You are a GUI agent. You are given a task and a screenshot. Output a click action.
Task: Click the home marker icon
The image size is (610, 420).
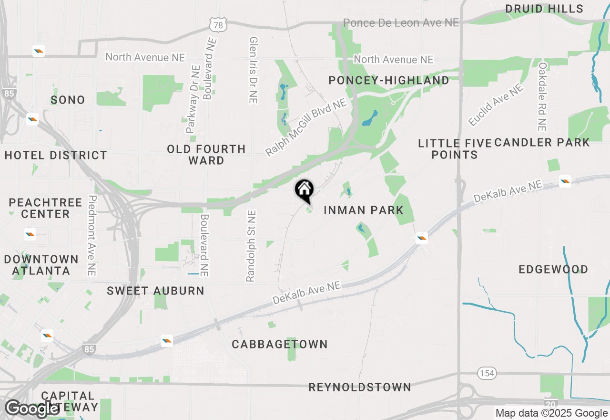click(x=304, y=190)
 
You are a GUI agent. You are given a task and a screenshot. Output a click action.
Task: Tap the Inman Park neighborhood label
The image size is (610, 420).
click(x=364, y=210)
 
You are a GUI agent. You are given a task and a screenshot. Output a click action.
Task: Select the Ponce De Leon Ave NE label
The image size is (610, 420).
click(x=401, y=23)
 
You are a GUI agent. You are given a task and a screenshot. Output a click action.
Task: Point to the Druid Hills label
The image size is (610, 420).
click(x=544, y=9)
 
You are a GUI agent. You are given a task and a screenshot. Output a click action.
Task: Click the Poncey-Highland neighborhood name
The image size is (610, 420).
click(x=389, y=81)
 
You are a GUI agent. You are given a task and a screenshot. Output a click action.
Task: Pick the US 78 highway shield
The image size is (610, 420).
click(x=218, y=25)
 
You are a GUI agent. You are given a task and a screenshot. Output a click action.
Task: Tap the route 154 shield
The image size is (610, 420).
click(x=487, y=373)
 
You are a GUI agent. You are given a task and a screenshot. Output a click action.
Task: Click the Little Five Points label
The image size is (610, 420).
click(x=455, y=149)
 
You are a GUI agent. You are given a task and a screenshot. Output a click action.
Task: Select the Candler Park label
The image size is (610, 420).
click(x=542, y=142)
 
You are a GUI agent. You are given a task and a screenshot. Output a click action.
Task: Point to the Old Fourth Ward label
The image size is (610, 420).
click(x=206, y=155)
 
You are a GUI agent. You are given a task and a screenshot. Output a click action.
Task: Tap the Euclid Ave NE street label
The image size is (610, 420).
click(x=495, y=105)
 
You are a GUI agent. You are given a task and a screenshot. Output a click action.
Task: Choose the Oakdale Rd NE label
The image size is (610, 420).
click(x=542, y=97)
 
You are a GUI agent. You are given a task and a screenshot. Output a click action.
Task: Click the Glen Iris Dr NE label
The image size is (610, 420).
click(x=253, y=70)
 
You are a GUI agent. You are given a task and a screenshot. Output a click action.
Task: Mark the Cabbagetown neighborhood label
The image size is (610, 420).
click(x=280, y=344)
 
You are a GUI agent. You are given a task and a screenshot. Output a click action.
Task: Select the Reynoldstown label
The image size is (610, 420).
click(x=360, y=387)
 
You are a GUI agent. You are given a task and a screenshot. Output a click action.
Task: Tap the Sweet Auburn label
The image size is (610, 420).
click(x=155, y=291)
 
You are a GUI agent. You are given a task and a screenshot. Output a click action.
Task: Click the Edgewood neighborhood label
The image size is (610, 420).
click(x=553, y=270)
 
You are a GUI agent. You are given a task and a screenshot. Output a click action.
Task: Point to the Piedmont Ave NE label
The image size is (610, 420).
click(x=92, y=235)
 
